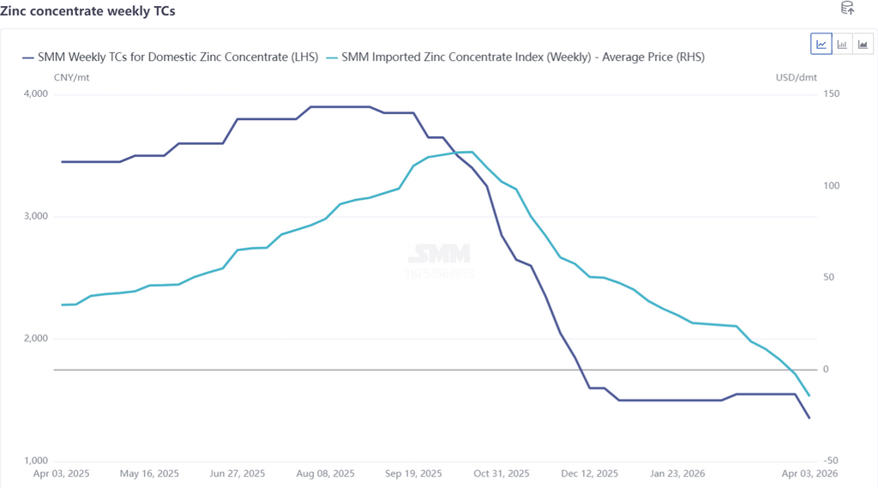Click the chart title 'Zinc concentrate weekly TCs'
pyautogui.click(x=87, y=11)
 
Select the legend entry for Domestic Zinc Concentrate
pyautogui.click(x=170, y=57)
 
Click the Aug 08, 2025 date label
pyautogui.click(x=324, y=473)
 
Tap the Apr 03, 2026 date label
pyautogui.click(x=809, y=473)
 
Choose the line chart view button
pyautogui.click(x=821, y=44)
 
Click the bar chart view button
pyautogui.click(x=843, y=44)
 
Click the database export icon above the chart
pyautogui.click(x=847, y=9)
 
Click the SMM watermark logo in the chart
pyautogui.click(x=438, y=254)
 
